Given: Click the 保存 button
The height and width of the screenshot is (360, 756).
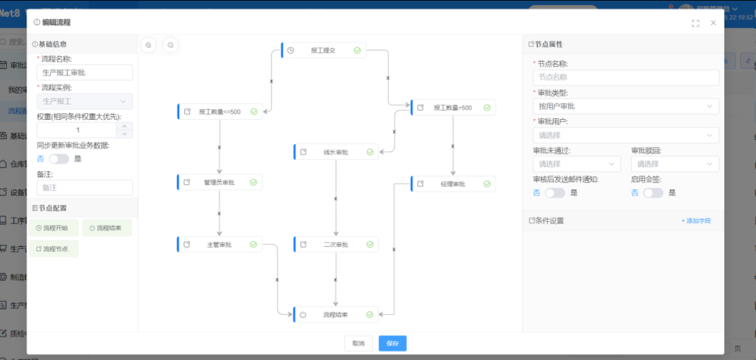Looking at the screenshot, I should point(392,343).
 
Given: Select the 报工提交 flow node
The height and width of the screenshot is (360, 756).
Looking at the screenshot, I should point(323,50).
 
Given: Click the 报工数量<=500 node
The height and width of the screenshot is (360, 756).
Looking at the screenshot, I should point(220,111).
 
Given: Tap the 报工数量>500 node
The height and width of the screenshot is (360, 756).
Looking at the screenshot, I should point(453,108).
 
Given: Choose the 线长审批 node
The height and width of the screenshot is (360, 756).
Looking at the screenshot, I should point(335,152).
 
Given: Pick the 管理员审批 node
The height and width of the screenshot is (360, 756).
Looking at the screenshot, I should point(220,182).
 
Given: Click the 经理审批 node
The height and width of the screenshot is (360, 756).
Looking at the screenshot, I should point(453,184).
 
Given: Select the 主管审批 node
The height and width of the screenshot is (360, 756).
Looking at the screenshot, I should point(220,245).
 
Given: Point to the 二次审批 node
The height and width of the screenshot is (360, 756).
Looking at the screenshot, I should point(335,245).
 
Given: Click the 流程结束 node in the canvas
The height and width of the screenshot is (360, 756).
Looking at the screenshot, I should point(335,315).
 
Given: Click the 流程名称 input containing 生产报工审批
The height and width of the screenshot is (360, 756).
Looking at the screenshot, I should point(85,73).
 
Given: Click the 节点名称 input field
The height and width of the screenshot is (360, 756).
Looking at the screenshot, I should point(625,77).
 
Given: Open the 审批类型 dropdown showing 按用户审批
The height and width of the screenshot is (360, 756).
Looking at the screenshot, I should point(625,106).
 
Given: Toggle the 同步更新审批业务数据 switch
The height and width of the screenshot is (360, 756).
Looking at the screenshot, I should point(59,158).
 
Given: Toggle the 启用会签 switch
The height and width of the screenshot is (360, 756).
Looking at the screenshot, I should point(653,193).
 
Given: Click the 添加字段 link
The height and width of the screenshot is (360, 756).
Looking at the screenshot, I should point(696,221).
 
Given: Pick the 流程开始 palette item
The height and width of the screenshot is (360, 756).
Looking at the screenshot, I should point(53,228).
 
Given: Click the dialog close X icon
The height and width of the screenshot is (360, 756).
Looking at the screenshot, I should point(713,23).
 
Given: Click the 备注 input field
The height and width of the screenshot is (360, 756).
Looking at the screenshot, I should point(85,187).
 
